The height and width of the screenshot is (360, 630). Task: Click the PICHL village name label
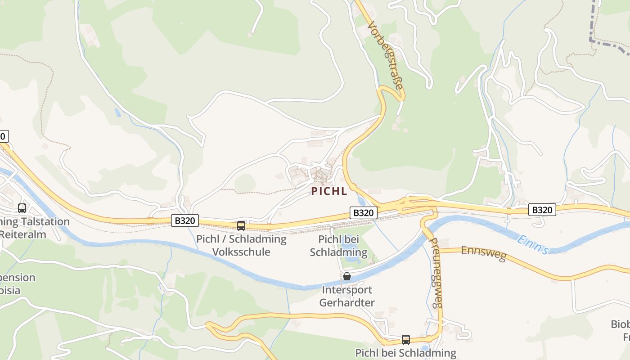pos(329,191)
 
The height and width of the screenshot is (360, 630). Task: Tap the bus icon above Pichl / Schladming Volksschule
pos(241,225)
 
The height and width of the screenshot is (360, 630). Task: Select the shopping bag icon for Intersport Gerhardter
pos(346,276)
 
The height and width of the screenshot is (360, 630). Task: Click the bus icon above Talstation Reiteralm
pos(22,208)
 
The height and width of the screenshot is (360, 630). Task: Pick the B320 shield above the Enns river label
pos(542,210)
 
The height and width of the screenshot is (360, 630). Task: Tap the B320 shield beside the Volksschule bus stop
pos(184,220)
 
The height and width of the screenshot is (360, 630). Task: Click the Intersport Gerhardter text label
pos(346,296)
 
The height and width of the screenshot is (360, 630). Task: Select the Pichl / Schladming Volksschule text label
pos(241,245)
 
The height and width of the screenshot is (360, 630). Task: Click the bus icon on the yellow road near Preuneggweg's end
pos(405,340)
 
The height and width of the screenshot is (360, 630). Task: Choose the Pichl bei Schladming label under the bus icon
pos(405,352)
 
